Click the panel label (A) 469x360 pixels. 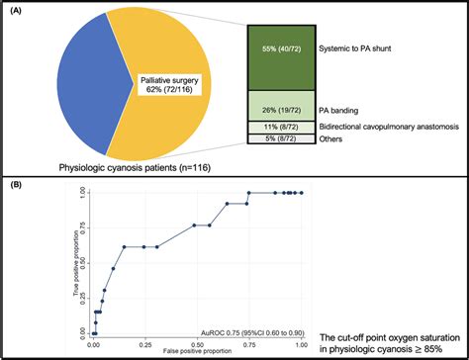17,11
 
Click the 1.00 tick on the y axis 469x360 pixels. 78,193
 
